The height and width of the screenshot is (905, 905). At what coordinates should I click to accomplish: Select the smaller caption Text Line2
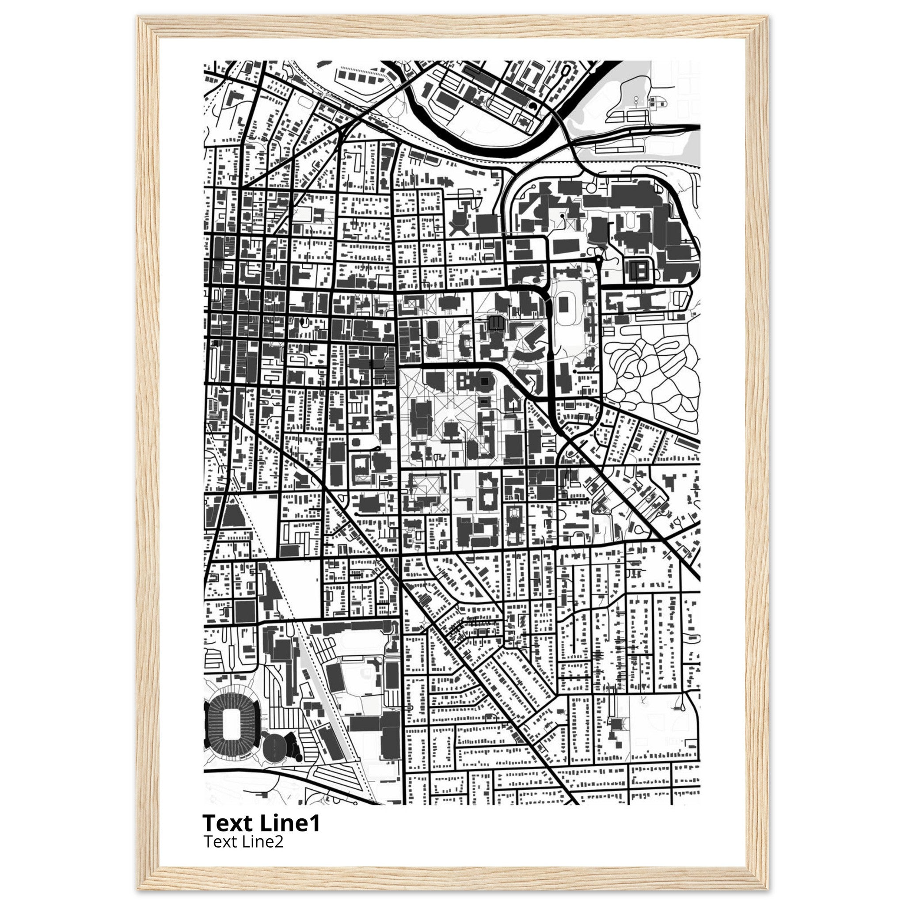click(243, 842)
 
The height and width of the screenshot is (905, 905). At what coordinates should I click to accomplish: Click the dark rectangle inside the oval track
click(563, 305)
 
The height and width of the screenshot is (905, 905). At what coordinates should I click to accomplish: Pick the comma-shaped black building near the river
click(533, 107)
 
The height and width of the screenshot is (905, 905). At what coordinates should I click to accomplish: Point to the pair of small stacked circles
click(636, 101)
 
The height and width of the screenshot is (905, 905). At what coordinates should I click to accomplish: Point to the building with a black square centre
click(484, 382)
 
